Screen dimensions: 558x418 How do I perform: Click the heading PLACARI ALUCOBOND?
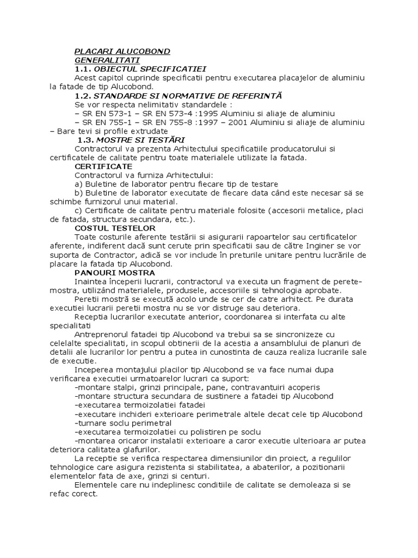[122, 51]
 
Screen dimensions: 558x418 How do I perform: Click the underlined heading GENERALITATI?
[107, 60]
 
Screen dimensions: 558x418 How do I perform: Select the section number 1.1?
[83, 69]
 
